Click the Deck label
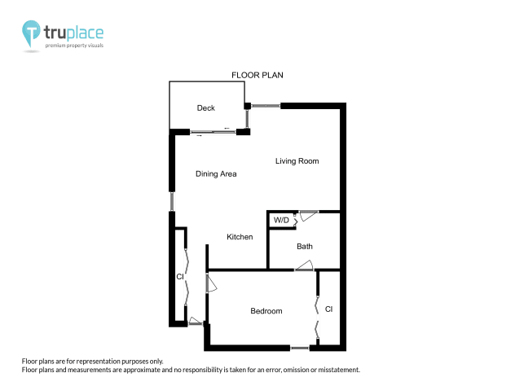tap(205, 108)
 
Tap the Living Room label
tap(297, 161)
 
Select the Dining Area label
tap(216, 173)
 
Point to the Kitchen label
tap(240, 237)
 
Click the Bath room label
tap(305, 246)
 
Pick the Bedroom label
tap(266, 311)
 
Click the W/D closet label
tap(281, 220)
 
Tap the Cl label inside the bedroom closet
tap(328, 309)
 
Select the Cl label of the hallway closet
tap(180, 278)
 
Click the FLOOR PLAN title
tap(257, 76)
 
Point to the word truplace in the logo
tap(74, 33)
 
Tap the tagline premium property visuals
tap(74, 45)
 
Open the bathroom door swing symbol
tap(305, 265)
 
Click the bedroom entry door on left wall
tap(209, 284)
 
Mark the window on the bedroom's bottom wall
tap(300, 348)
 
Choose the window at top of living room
tap(266, 105)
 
